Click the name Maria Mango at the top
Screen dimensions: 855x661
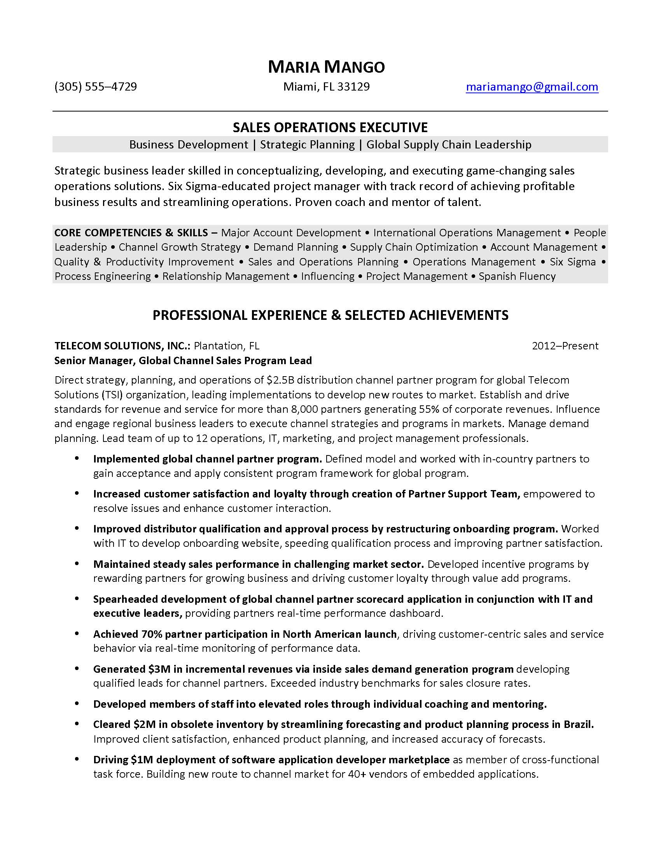326,67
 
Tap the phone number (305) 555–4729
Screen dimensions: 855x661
96,87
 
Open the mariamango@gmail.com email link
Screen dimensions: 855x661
532,87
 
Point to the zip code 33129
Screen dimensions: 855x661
353,87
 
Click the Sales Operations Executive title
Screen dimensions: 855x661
330,127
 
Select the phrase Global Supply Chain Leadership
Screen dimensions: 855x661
449,145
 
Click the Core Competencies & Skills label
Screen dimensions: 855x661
131,233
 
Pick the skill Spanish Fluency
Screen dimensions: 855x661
517,276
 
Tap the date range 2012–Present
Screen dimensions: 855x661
565,346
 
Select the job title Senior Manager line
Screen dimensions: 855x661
183,361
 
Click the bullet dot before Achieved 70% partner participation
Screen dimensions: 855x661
77,633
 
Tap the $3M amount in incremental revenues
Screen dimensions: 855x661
158,669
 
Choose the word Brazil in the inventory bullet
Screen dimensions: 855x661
577,725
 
